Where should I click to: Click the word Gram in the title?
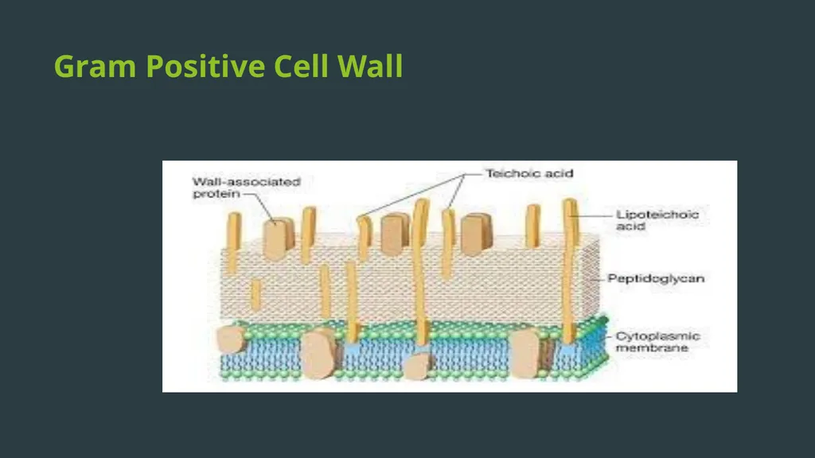96,66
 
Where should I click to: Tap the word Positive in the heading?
205,66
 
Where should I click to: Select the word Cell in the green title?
301,66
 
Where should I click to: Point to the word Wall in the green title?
370,66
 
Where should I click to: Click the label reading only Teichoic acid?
529,173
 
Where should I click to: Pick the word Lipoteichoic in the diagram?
657,215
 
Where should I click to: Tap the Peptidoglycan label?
656,279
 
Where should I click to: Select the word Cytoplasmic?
657,336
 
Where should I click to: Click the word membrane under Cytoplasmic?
652,348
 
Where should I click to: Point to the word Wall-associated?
247,182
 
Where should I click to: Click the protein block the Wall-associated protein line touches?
279,239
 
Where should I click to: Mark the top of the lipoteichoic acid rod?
570,200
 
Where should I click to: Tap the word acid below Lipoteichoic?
630,227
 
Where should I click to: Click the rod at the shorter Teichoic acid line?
447,244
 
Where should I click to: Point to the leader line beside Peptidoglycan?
598,279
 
